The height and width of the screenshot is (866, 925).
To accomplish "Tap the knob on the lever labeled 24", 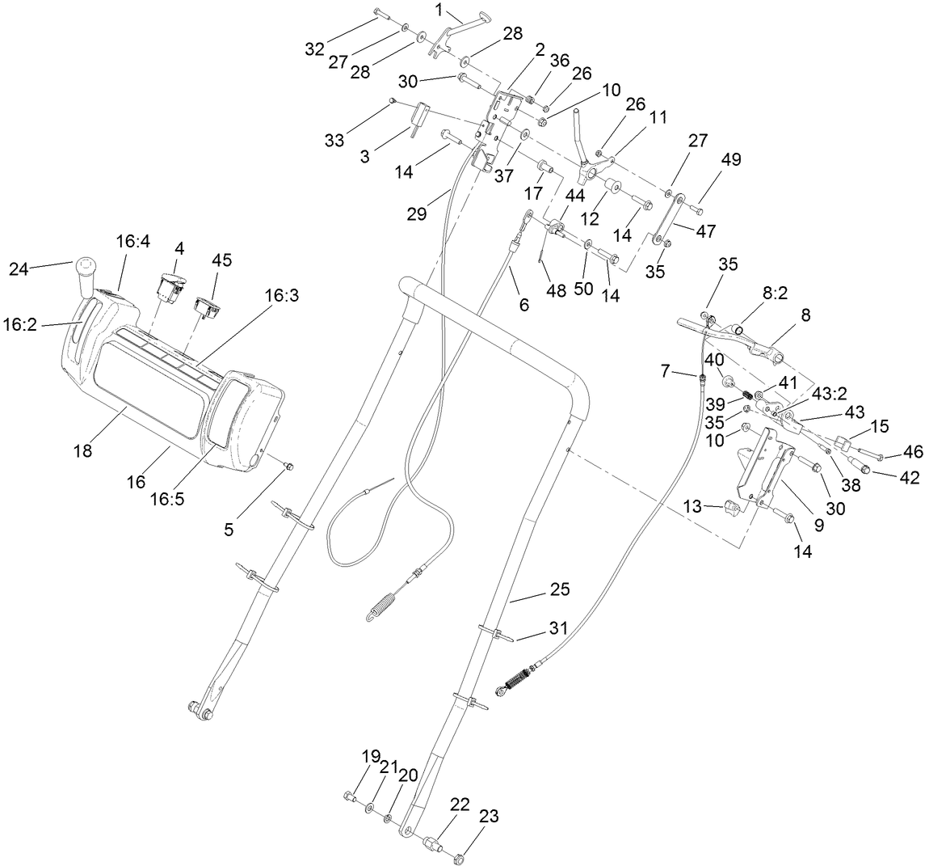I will point(87,267).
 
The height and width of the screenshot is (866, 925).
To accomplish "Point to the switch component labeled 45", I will point(209,308).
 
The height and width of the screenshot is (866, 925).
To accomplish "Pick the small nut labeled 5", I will point(288,467).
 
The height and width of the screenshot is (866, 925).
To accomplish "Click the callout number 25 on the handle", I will point(560,589).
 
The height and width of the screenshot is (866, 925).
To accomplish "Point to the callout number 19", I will point(370,758).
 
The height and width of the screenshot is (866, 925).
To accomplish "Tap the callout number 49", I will point(708,159).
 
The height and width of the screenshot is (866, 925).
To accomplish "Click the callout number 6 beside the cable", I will point(523,305).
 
